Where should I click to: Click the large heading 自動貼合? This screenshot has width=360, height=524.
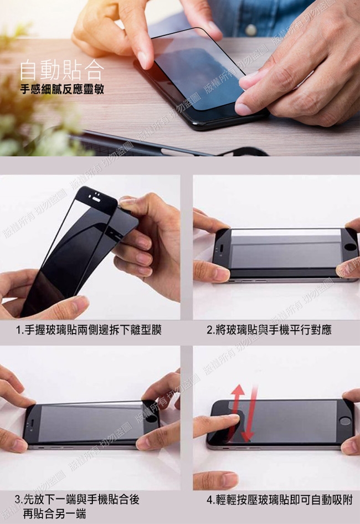[x=62, y=69]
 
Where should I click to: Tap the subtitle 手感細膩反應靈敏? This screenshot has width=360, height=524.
[x=62, y=89]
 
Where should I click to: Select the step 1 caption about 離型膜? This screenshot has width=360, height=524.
[x=89, y=330]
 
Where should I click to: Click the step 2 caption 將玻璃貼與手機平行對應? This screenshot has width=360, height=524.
[x=269, y=330]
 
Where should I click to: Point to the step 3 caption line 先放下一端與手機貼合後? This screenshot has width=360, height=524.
[x=77, y=500]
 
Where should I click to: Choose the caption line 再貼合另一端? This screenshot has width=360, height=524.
[x=54, y=513]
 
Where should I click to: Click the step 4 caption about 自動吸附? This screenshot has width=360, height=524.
[x=280, y=500]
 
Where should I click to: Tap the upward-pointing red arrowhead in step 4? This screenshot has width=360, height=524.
[x=238, y=391]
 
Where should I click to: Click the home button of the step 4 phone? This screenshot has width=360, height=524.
[x=344, y=420]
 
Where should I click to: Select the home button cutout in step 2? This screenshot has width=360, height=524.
[x=350, y=247]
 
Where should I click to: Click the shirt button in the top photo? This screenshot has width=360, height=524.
[x=251, y=30]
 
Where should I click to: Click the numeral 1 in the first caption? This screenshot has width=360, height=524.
[x=19, y=330]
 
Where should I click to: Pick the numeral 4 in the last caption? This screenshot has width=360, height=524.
[x=210, y=500]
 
